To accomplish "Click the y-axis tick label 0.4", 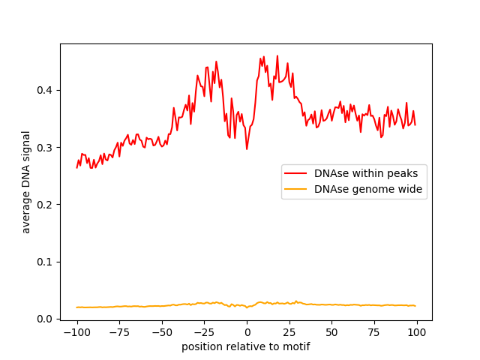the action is [x=44, y=90].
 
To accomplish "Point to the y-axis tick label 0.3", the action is [x=44, y=148].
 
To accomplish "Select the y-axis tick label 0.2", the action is [x=44, y=205].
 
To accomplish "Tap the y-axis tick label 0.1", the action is [x=44, y=262].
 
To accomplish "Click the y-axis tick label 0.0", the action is [x=44, y=319].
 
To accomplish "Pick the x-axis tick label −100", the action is [x=76, y=332].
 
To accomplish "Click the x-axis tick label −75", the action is [x=119, y=332].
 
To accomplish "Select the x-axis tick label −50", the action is [x=162, y=332].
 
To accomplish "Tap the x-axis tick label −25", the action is [x=205, y=332].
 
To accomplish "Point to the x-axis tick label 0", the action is [x=247, y=332].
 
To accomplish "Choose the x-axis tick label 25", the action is [x=289, y=332].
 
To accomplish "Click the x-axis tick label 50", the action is [x=331, y=332].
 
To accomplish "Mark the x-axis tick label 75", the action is [x=374, y=332].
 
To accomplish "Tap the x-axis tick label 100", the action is [x=417, y=332].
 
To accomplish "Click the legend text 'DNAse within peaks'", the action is [x=366, y=173].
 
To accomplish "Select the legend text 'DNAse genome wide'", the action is [x=368, y=189].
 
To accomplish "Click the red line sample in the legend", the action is [x=295, y=173].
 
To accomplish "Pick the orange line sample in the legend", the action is [x=295, y=189].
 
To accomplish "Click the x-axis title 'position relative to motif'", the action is [x=246, y=346].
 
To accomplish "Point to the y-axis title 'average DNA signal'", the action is [x=26, y=182].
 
